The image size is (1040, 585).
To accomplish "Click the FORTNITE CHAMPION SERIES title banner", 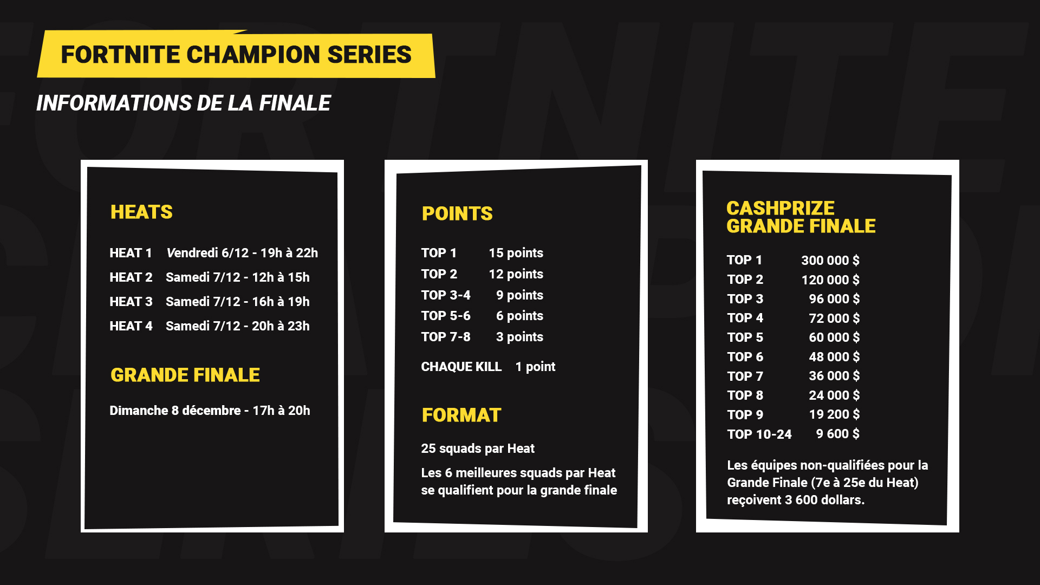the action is tap(236, 54).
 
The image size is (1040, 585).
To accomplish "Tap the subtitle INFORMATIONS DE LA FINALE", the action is tap(183, 103).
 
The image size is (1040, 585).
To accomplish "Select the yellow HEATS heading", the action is tap(141, 212).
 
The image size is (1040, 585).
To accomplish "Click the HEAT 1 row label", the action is tap(131, 253).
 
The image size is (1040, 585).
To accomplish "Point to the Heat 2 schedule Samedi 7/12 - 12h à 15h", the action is tap(238, 277).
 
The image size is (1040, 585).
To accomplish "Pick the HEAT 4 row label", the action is tap(131, 326).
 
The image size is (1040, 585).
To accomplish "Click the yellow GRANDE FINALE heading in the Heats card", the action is tap(185, 375).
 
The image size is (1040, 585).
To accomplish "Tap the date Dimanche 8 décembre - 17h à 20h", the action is tap(210, 411).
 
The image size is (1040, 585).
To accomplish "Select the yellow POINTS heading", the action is tap(457, 213).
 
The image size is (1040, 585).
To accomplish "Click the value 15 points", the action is tap(516, 253).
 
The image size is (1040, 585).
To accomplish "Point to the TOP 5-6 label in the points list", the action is tap(446, 316).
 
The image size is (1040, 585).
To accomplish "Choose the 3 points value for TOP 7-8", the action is tap(519, 337).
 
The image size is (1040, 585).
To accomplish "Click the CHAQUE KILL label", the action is tap(461, 367).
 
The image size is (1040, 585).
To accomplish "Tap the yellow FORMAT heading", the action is tap(461, 415).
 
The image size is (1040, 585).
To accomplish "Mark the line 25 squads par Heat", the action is tap(478, 448).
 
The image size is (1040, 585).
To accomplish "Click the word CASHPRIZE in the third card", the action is tap(780, 208).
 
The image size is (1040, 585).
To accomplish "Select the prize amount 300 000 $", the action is tap(830, 261).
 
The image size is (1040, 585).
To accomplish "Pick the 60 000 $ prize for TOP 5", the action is tap(834, 337).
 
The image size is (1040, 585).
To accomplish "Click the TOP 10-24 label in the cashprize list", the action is tap(759, 434).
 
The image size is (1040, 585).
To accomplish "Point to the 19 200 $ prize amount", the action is tap(834, 414).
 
